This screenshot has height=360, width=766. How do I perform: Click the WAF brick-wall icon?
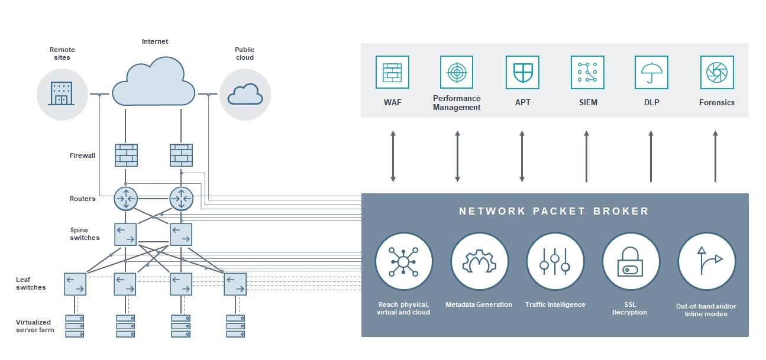392,72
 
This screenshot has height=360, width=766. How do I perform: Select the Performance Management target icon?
457,72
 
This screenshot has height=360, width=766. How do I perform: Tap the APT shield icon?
522,72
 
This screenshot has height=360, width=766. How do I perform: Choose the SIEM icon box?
587,72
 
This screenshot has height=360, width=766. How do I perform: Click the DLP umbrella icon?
651,72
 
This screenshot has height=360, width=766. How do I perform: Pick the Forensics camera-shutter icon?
717,72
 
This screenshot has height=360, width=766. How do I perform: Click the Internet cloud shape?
153,81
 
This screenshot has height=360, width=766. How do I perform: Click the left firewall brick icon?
126,155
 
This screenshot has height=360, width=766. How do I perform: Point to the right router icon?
182,199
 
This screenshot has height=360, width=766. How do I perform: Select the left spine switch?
125,234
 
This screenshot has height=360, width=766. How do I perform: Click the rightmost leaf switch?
235,284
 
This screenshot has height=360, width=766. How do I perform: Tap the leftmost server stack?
75,326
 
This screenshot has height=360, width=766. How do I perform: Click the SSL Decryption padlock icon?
631,261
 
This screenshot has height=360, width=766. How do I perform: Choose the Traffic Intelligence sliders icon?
555,261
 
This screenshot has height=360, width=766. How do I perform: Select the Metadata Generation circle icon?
479,261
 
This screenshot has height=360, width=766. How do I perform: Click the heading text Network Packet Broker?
554,211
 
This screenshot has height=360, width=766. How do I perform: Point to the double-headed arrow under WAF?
393,157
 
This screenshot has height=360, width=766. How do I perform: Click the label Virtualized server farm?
35,326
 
